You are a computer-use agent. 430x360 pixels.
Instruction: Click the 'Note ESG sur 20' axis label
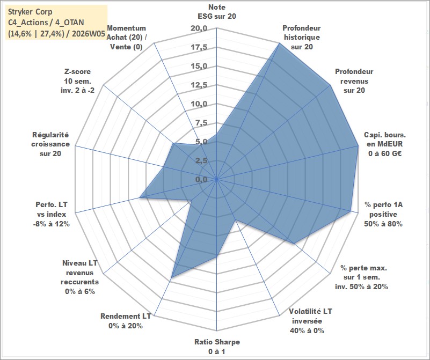(x=216, y=12)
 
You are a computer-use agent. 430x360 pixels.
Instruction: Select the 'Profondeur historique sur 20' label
(x=301, y=38)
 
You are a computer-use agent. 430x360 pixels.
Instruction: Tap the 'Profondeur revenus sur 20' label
(x=354, y=80)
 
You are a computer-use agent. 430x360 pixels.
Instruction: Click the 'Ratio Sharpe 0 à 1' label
(x=217, y=346)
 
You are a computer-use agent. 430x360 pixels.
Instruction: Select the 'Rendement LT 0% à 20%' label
(x=126, y=321)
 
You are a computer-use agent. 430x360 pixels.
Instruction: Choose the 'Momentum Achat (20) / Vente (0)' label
(x=128, y=38)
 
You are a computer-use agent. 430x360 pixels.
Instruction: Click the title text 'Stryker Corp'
(x=31, y=10)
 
